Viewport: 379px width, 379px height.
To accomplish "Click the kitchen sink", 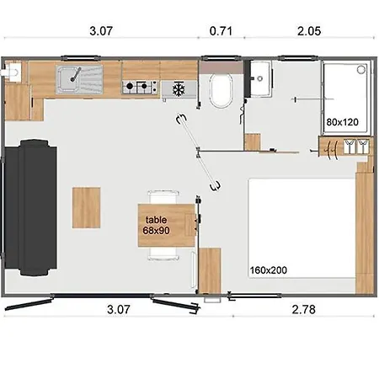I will [77, 79].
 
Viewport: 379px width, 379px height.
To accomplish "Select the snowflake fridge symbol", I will [178, 88].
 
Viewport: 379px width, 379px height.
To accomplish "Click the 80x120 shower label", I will [343, 122].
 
